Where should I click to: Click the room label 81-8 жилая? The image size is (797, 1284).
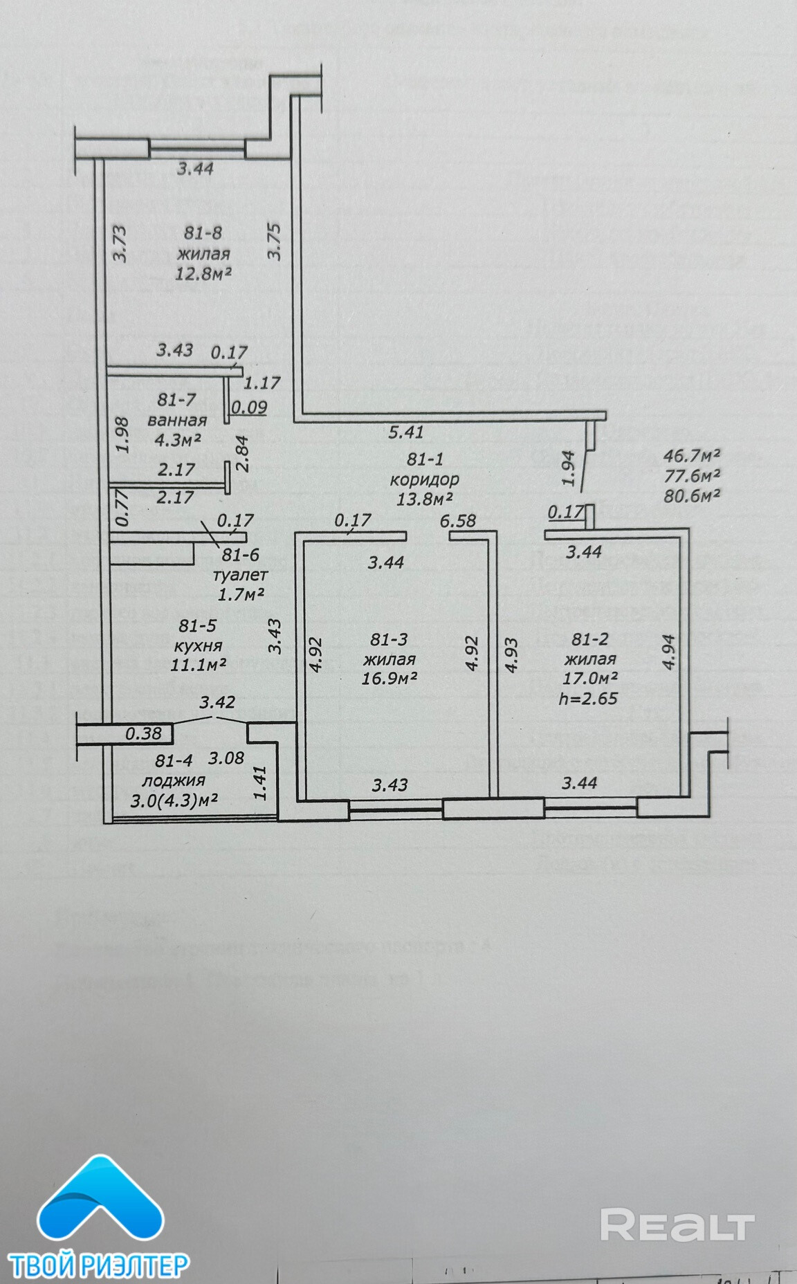coord(203,244)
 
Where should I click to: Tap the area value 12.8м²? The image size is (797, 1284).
coord(203,273)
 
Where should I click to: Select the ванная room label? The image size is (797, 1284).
coord(177,420)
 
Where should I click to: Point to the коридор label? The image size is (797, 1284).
coord(424,479)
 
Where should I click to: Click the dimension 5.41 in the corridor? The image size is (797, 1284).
coord(406,433)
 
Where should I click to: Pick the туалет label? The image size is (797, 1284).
coord(240,574)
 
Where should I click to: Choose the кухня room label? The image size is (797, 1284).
coord(198,645)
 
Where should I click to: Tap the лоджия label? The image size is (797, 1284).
coord(174,780)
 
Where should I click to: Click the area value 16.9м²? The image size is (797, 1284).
coord(389,678)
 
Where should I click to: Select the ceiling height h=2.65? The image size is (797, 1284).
coord(588,698)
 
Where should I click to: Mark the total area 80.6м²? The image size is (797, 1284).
coord(692,495)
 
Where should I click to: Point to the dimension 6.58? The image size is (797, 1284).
coord(459,520)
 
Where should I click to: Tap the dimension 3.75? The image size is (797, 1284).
coord(275,241)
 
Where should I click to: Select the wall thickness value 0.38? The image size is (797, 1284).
coord(143,734)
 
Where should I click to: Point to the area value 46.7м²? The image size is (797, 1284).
coord(692,456)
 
